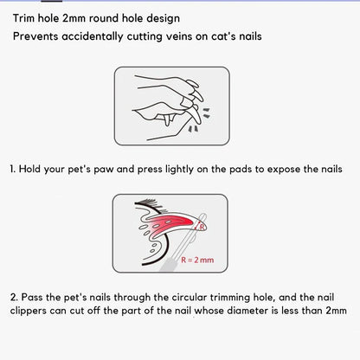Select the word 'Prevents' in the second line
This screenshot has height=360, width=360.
(x=38, y=37)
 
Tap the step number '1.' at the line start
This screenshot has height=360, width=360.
(x=13, y=169)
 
